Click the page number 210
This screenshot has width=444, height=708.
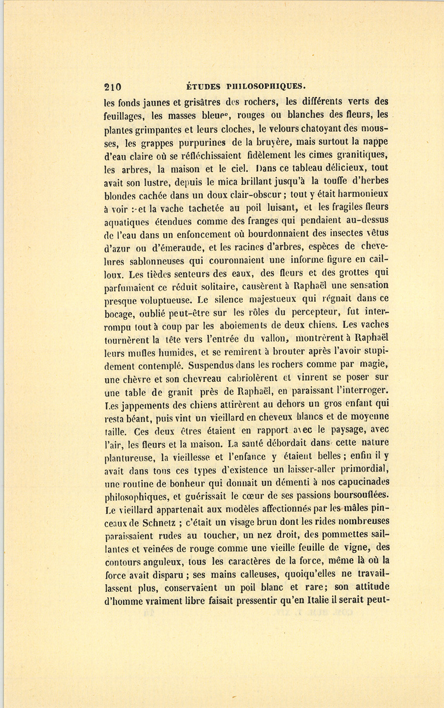point(113,87)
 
